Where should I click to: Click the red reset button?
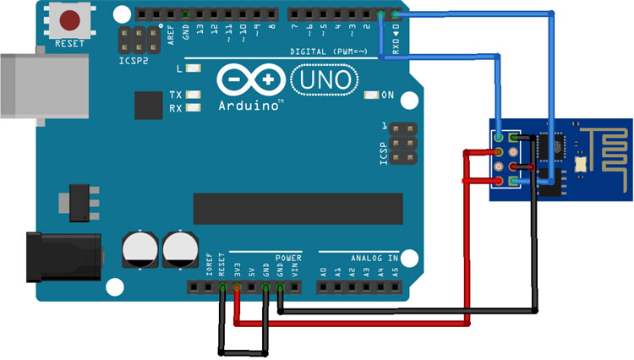tap(69, 21)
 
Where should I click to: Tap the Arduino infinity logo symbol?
tap(251, 80)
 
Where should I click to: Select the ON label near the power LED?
tap(388, 95)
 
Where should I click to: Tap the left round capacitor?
tap(139, 249)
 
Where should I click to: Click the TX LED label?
tap(175, 95)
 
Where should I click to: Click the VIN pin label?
tap(294, 270)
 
